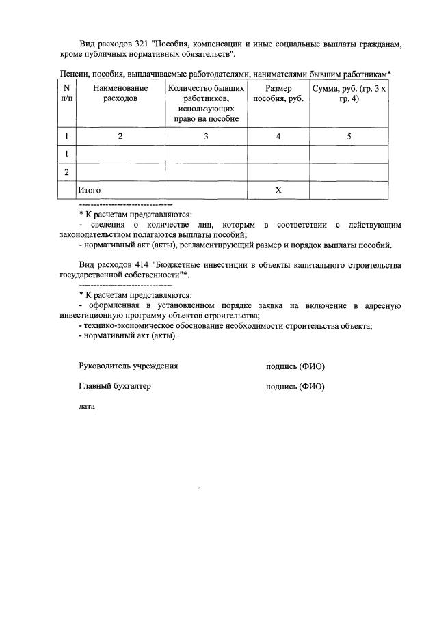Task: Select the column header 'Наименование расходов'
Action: click(x=120, y=94)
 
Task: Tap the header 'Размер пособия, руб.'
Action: click(x=278, y=94)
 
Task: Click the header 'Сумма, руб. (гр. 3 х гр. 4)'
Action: click(x=349, y=94)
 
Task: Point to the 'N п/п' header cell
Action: click(x=66, y=94)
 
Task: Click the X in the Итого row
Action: click(x=278, y=190)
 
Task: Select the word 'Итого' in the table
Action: click(x=90, y=190)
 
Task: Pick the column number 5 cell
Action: click(x=349, y=137)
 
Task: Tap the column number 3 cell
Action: click(x=206, y=137)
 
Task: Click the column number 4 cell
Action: click(x=278, y=137)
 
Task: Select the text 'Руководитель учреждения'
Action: click(x=129, y=366)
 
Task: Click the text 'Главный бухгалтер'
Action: click(x=115, y=386)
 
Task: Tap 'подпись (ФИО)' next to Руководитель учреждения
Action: click(x=295, y=366)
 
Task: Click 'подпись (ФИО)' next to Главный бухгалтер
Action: click(x=295, y=387)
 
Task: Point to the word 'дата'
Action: click(x=87, y=407)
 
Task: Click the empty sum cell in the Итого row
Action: click(x=349, y=190)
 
